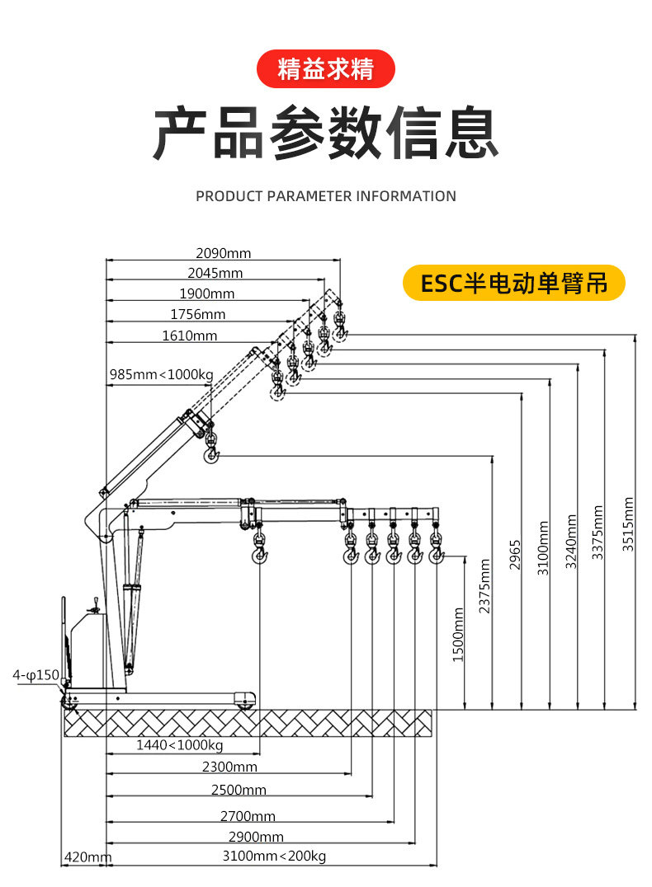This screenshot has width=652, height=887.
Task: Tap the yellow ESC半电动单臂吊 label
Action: [513, 284]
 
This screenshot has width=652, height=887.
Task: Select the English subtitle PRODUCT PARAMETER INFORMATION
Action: [326, 196]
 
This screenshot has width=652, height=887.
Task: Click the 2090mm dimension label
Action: [223, 253]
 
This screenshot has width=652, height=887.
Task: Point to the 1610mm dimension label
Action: [190, 336]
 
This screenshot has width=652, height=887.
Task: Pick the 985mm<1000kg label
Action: [161, 375]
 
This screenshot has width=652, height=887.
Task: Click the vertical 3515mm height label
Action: [629, 524]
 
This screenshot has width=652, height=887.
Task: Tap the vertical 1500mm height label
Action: [459, 634]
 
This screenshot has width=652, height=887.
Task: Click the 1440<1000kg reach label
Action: [180, 745]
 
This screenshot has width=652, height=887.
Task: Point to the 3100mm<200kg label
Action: [274, 856]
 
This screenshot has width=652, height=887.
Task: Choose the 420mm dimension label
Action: [87, 857]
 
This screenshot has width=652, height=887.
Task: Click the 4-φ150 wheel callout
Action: [35, 676]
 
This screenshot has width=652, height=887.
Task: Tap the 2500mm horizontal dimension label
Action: [239, 790]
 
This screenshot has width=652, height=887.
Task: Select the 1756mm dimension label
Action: [197, 314]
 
